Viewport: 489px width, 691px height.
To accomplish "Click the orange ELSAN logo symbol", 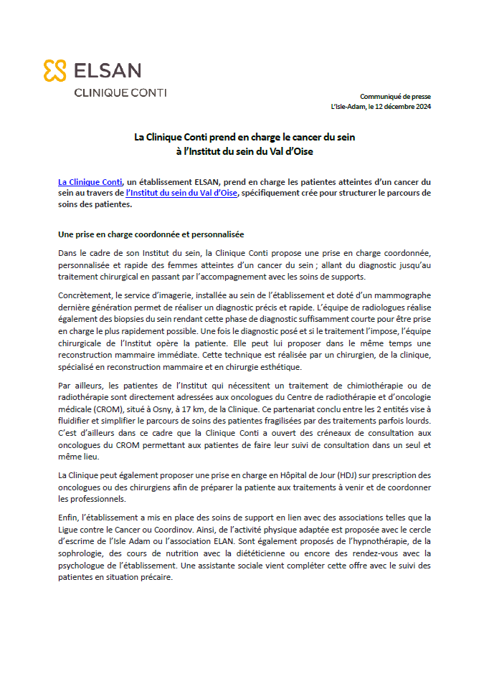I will pyautogui.click(x=55, y=70).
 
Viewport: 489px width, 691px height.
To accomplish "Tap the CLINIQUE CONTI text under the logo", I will pyautogui.click(x=120, y=92).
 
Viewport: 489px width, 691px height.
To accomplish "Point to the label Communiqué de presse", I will pyautogui.click(x=395, y=96).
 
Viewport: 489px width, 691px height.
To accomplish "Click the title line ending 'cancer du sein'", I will pyautogui.click(x=244, y=136).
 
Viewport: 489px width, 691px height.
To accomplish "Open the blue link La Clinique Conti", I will pyautogui.click(x=90, y=182).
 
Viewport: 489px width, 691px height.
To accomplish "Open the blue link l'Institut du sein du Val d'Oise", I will pyautogui.click(x=181, y=193).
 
